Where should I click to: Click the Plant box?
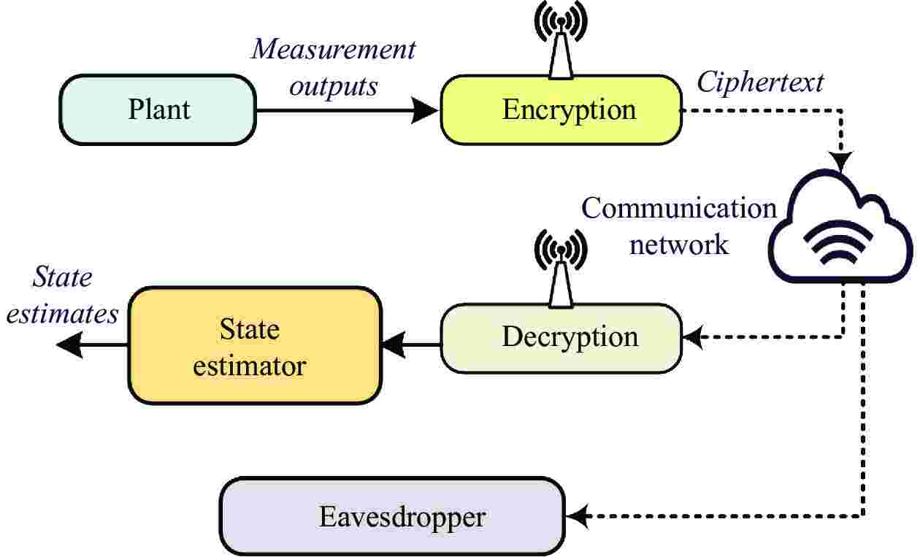[158, 110]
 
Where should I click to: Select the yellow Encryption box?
[561, 110]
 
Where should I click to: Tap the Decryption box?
[561, 337]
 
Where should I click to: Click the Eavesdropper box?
[393, 518]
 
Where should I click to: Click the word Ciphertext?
[760, 82]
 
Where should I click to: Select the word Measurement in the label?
[334, 50]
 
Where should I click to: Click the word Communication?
[679, 209]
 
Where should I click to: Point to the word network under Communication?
[679, 244]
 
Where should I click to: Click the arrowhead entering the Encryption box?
[427, 110]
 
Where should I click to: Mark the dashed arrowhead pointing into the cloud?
[843, 162]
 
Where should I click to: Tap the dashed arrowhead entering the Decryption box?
[691, 337]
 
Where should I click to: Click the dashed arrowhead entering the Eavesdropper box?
[579, 518]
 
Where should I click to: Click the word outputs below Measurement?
[334, 85]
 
